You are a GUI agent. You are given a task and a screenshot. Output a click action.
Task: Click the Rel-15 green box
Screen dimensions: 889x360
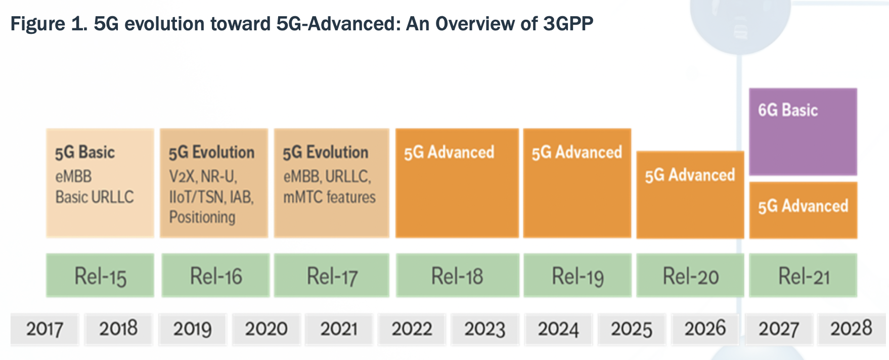point(100,275)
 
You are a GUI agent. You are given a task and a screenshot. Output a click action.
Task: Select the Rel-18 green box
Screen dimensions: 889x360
point(458,275)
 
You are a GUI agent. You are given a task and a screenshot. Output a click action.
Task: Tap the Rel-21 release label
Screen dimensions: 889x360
point(804,277)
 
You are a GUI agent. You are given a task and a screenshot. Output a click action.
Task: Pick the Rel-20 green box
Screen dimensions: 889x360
point(690,275)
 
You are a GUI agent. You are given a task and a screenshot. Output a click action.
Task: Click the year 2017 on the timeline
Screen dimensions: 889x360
point(45,329)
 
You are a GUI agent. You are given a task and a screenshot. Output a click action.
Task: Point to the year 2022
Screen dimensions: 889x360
point(412,329)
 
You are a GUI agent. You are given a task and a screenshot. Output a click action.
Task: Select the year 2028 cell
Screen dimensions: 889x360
point(852,329)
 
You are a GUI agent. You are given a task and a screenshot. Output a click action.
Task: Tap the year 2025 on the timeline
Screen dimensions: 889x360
point(632,329)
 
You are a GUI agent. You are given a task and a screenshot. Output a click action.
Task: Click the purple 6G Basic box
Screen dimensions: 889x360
point(803,132)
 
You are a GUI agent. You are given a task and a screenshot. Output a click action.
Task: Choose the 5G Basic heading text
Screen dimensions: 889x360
point(85,152)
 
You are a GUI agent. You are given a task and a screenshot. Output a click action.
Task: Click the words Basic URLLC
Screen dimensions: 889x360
point(95,197)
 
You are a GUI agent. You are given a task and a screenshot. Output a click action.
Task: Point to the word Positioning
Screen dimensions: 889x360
point(202,217)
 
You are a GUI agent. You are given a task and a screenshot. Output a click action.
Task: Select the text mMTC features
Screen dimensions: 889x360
point(330,197)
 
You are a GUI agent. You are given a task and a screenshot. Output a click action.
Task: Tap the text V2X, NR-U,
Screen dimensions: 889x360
point(203,176)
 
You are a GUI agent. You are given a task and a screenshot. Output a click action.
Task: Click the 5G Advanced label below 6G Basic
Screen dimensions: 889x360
point(803,206)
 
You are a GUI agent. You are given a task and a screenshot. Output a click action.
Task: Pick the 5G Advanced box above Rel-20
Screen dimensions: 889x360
point(690,195)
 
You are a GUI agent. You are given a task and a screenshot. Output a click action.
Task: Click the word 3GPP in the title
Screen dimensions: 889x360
point(568,23)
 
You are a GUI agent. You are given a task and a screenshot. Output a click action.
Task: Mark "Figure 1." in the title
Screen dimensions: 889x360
point(49,24)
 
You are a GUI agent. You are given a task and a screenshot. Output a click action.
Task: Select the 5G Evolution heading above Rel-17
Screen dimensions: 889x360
point(326,152)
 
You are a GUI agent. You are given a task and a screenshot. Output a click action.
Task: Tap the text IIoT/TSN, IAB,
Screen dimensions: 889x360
point(211,197)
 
